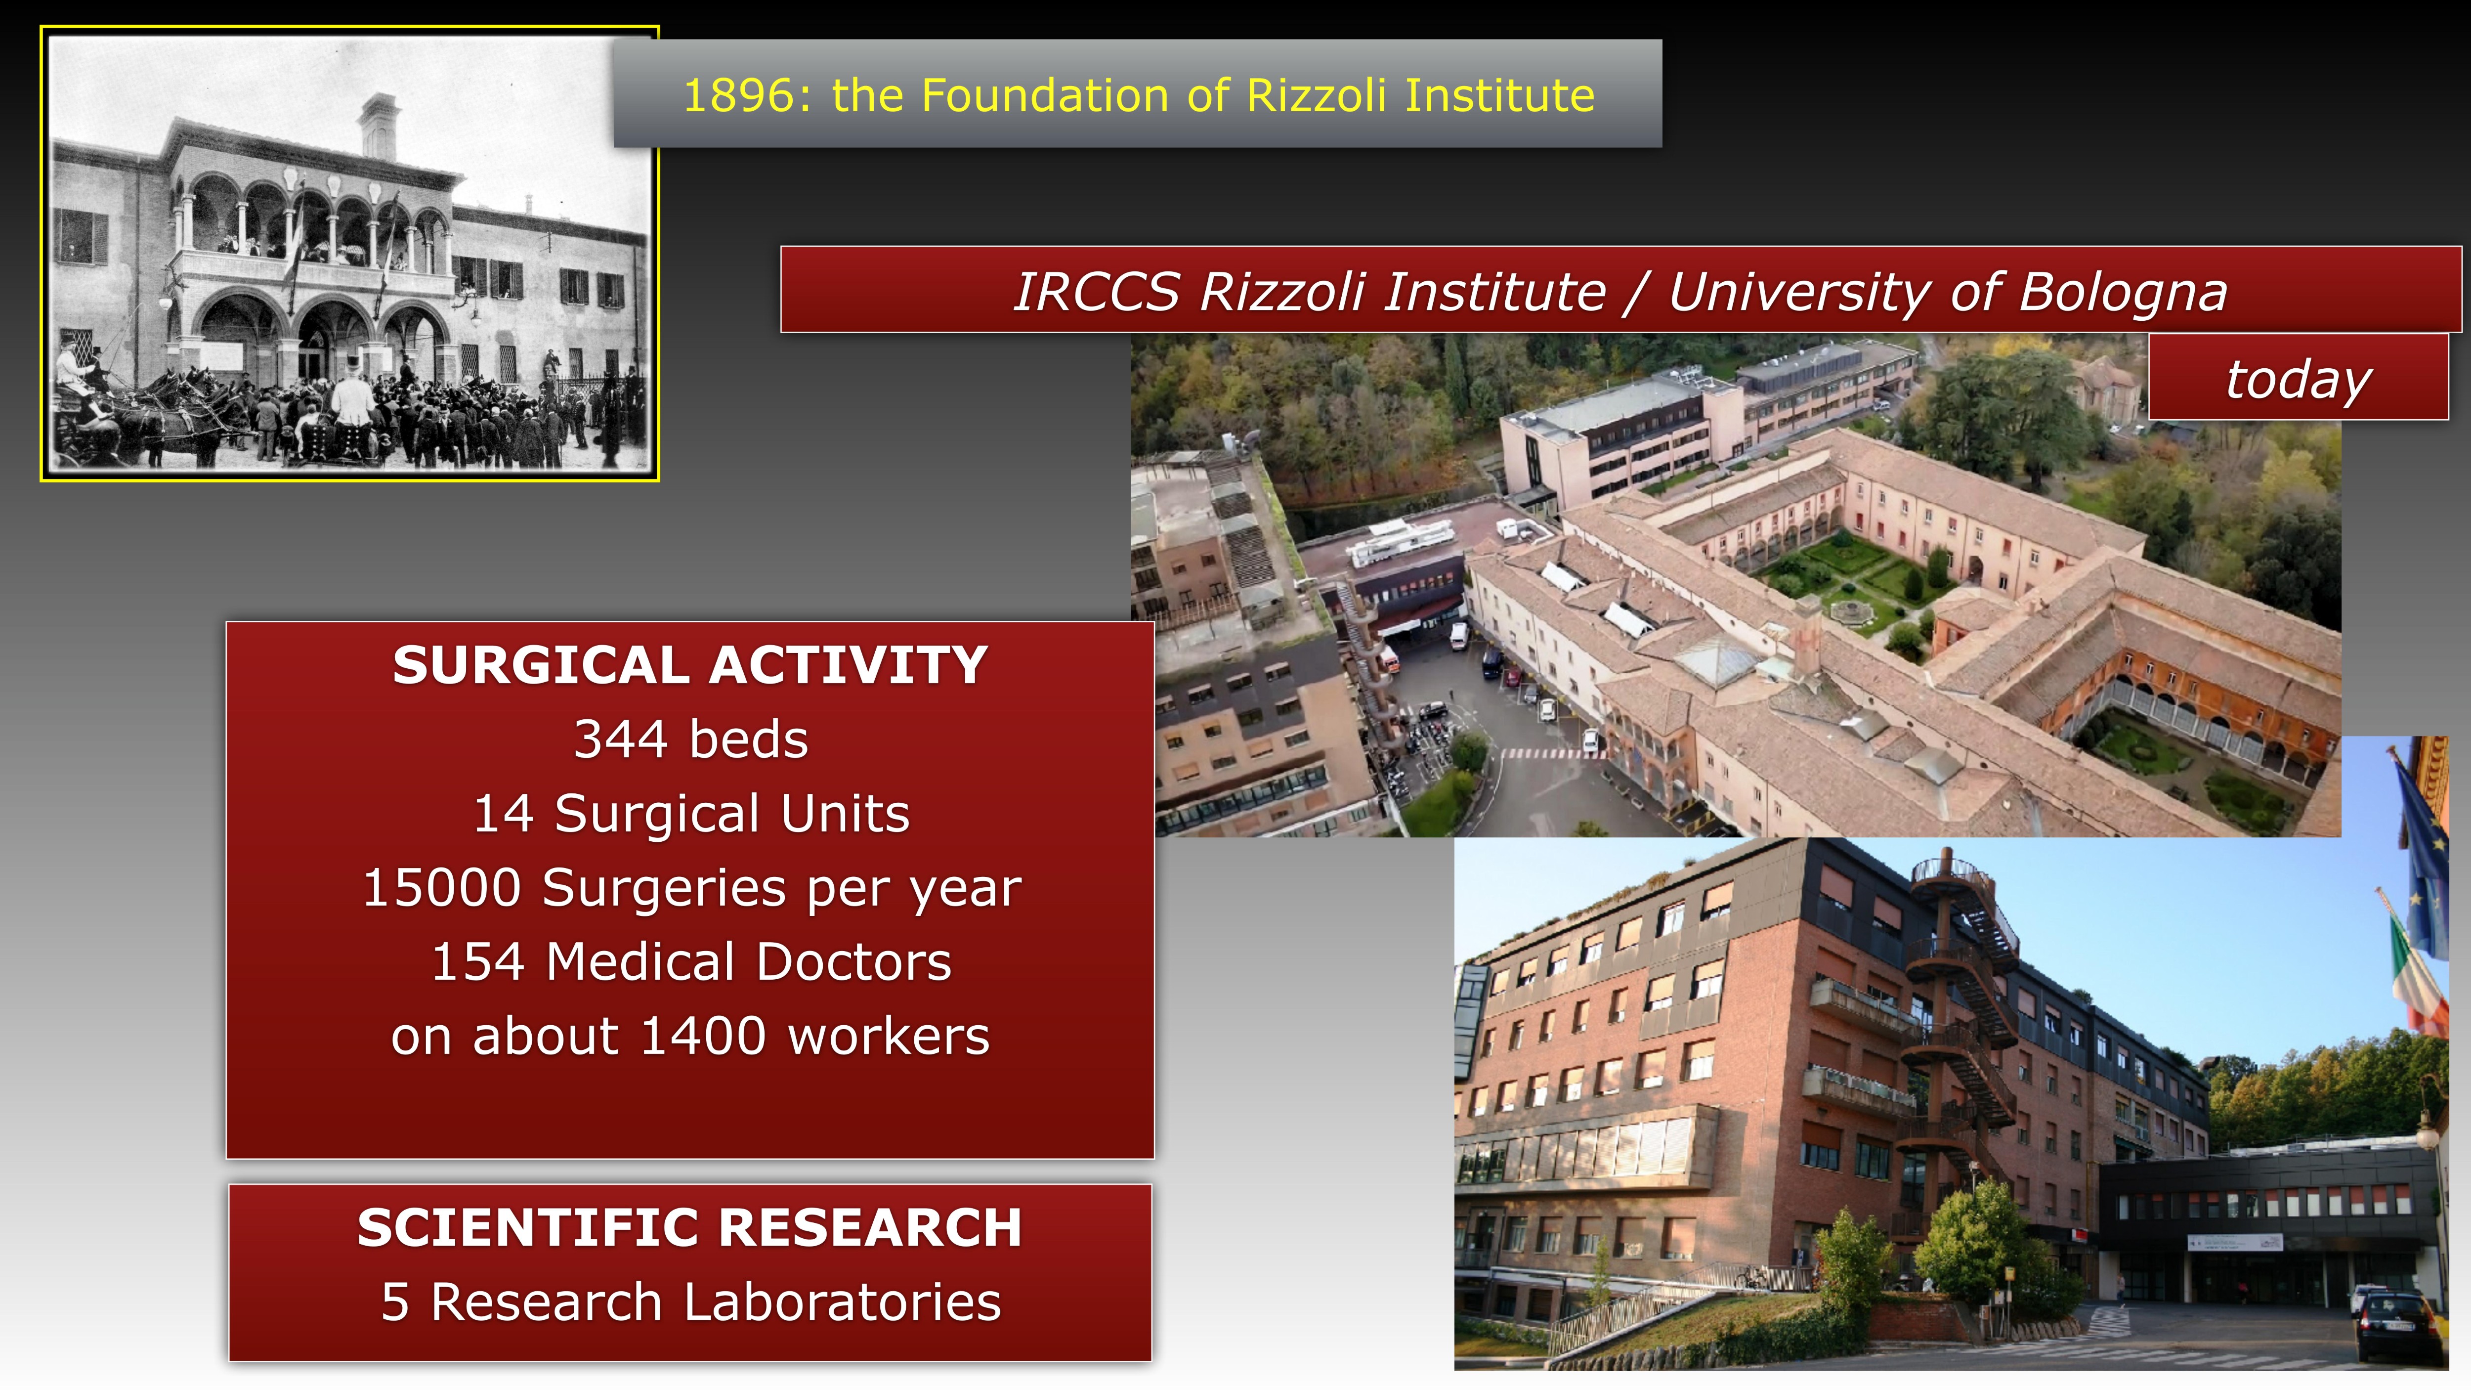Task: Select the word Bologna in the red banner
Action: [2123, 293]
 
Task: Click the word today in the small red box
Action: [2299, 379]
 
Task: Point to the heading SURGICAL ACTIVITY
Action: [690, 665]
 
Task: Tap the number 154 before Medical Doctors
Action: [478, 961]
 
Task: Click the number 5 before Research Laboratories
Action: [395, 1303]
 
